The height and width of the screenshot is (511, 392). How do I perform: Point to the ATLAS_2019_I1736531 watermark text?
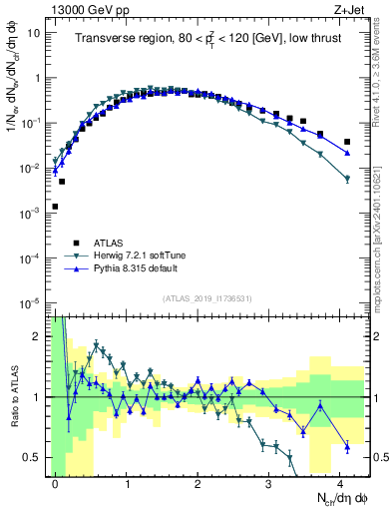[205, 297]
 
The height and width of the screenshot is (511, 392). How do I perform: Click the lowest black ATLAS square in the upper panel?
[55, 207]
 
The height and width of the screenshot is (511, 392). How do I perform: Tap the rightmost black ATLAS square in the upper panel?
[347, 142]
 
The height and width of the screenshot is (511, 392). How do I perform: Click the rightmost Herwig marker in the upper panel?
[347, 179]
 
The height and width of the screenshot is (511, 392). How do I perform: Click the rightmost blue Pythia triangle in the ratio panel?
[347, 447]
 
